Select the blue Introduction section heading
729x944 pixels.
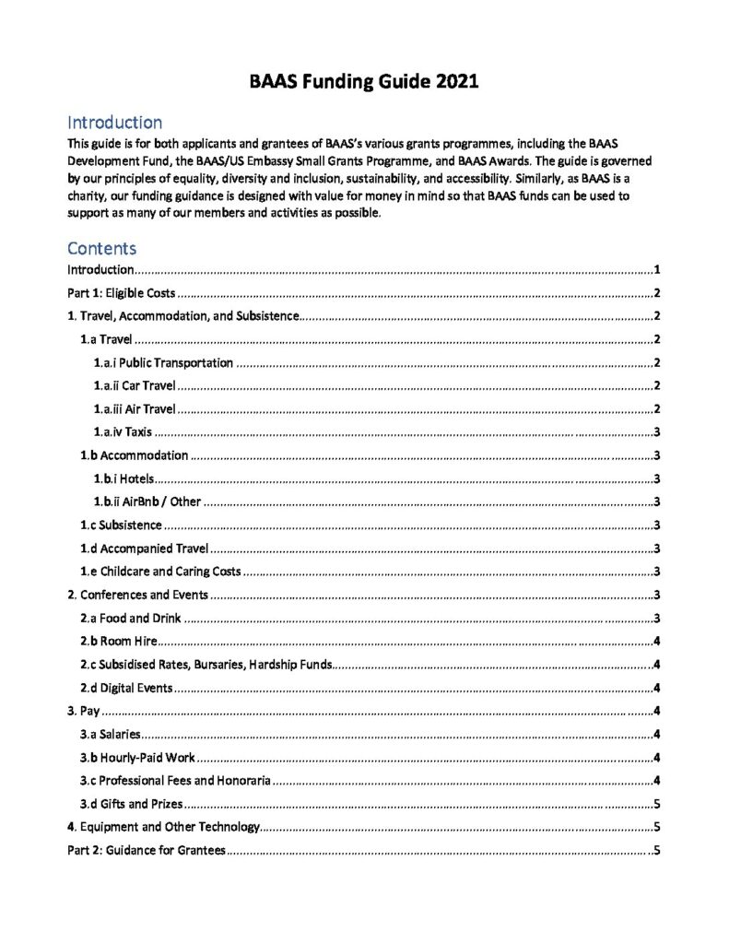[x=115, y=123]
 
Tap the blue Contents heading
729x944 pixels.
[x=101, y=248]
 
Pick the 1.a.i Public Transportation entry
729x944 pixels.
[x=163, y=362]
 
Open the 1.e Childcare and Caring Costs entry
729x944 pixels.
[x=160, y=571]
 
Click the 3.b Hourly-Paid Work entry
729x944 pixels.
[x=137, y=757]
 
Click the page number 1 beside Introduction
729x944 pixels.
[x=655, y=270]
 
